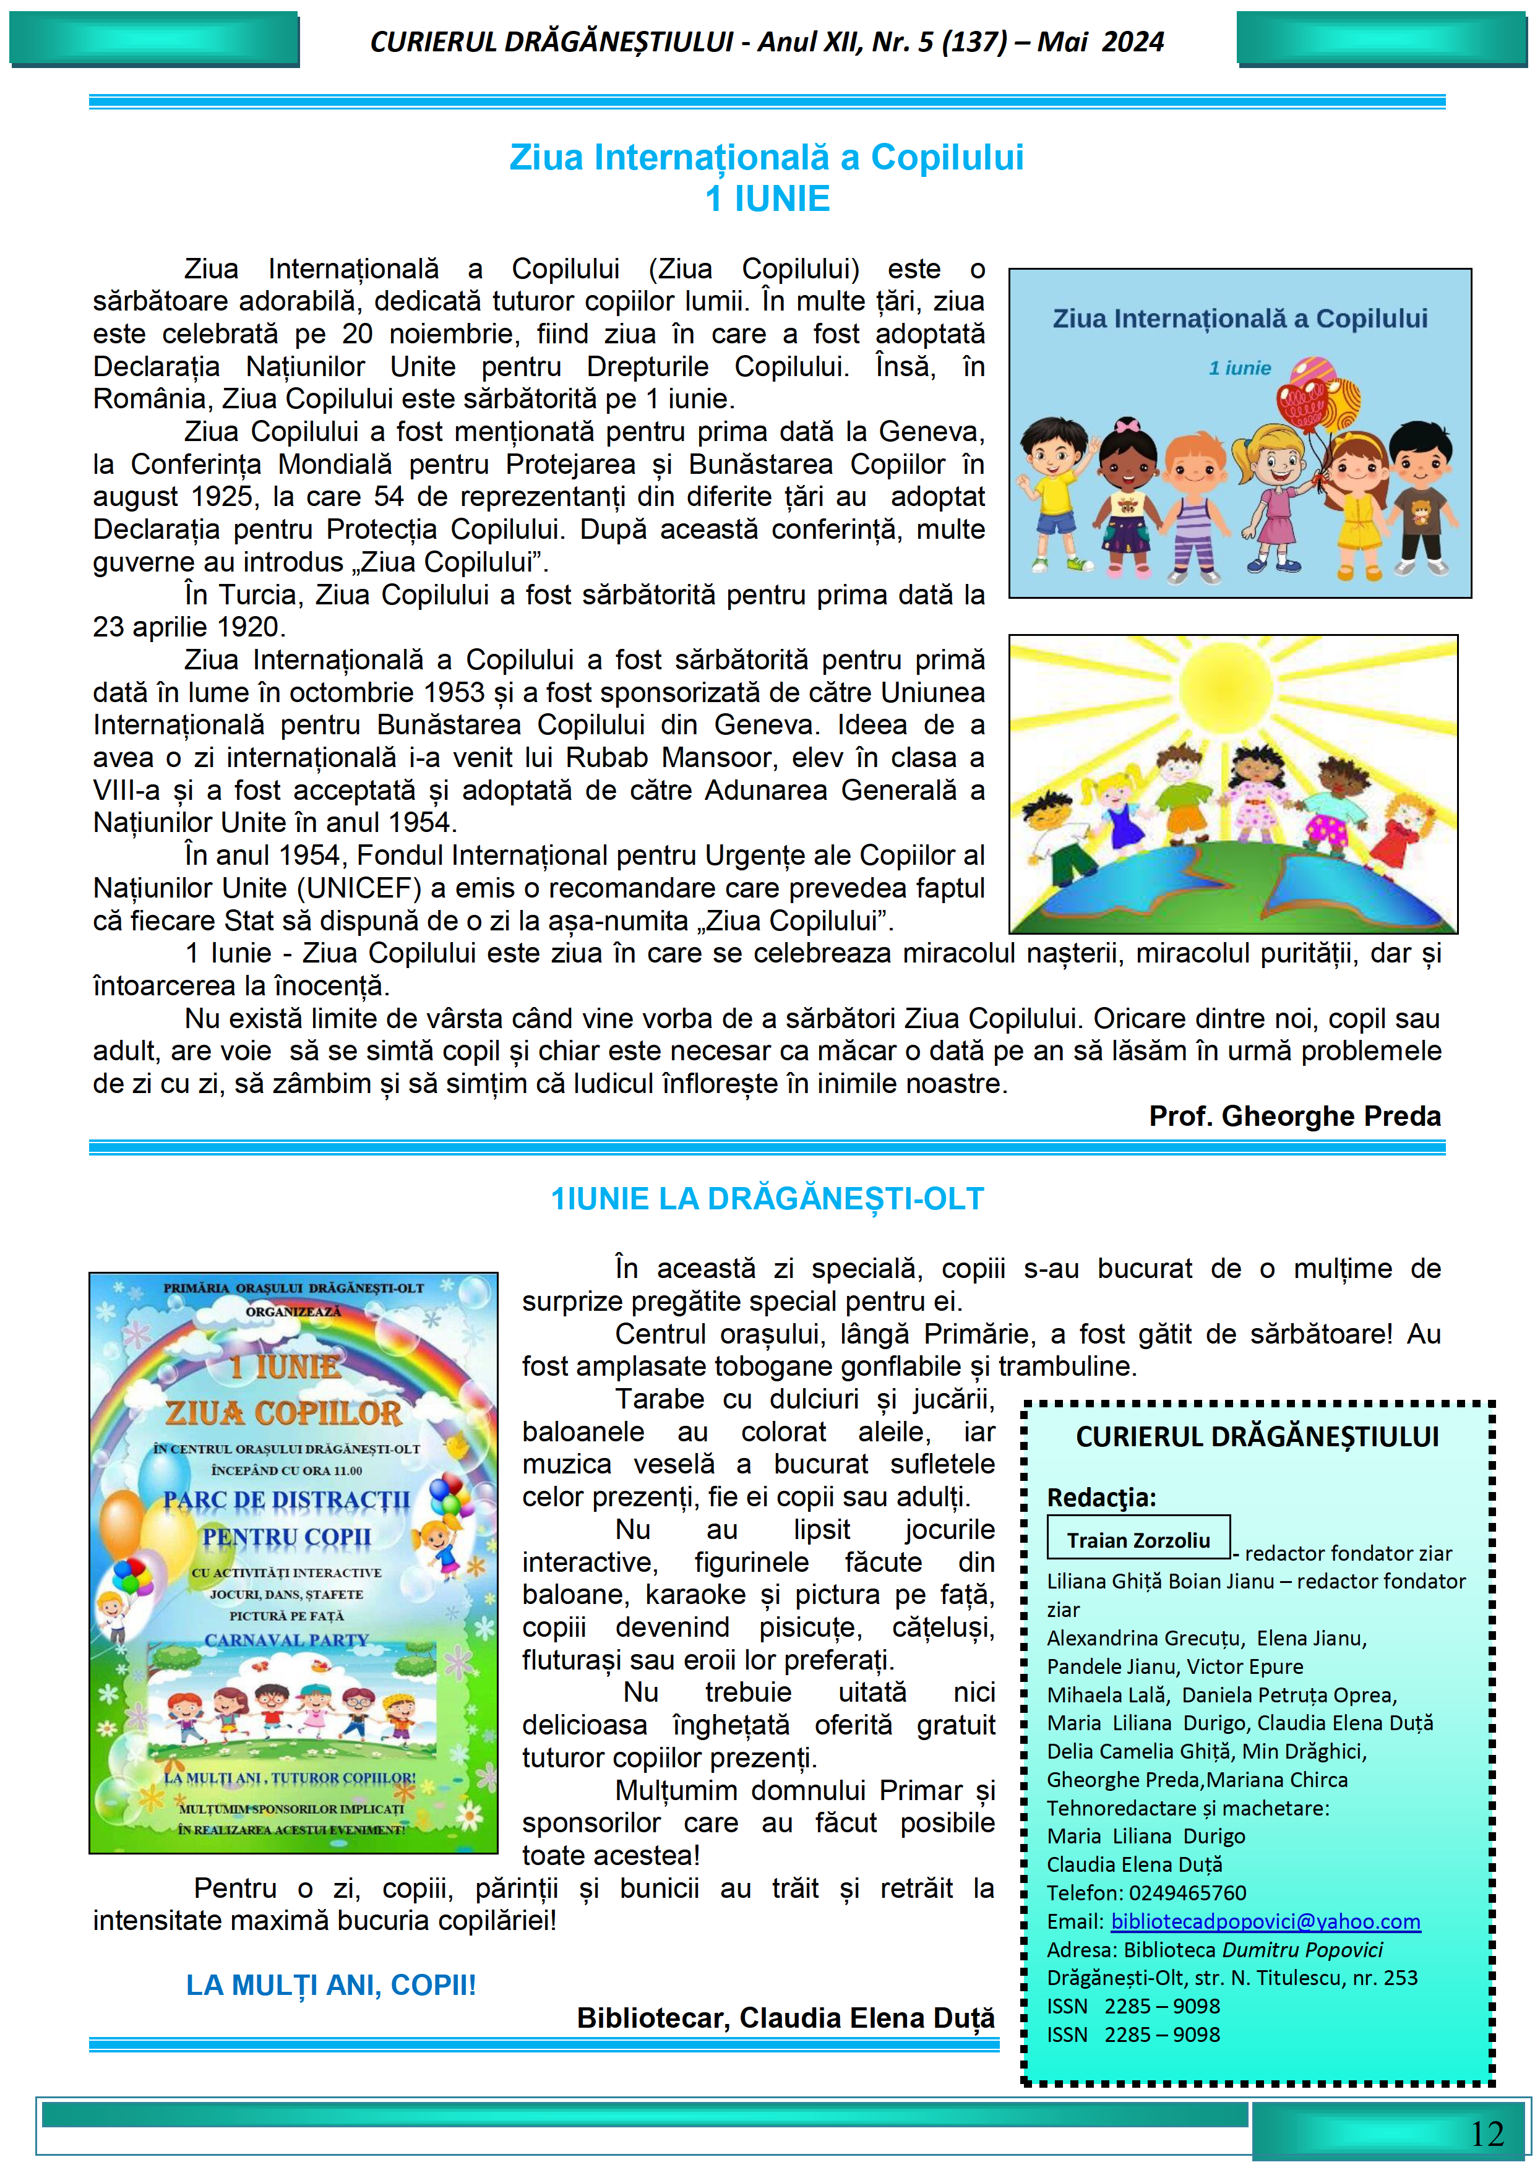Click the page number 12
1487,2133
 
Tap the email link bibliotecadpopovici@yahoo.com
1265,1921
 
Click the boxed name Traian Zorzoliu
1138,1540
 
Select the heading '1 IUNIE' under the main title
767,199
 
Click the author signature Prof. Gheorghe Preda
1294,1116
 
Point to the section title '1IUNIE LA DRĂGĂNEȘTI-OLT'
767,1198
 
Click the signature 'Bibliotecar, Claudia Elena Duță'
786,2018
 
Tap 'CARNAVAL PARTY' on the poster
286,1640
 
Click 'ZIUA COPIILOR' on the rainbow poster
283,1413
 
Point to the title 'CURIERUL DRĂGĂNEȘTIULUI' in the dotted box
1257,1436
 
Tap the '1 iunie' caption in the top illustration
1239,369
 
